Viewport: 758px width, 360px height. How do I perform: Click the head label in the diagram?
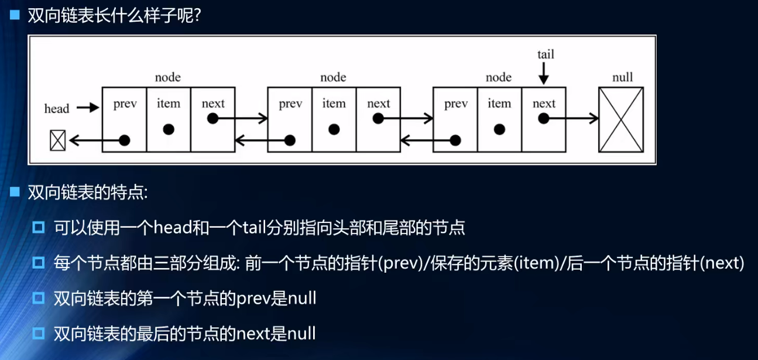tap(57, 108)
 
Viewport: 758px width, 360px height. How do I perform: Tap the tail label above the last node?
tap(546, 54)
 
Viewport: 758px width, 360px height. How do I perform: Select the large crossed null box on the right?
tap(621, 119)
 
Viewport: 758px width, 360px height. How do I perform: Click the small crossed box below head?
tap(57, 140)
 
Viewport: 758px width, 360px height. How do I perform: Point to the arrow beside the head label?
tap(88, 108)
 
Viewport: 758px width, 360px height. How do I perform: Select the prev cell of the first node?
tap(125, 119)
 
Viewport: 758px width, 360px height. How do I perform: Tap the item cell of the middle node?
tap(334, 119)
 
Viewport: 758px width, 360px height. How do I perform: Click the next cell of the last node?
tap(544, 119)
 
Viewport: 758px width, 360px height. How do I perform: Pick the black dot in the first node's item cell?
tap(169, 129)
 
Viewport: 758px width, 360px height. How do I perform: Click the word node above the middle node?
tap(333, 77)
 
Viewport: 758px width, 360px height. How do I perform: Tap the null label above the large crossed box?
tap(622, 77)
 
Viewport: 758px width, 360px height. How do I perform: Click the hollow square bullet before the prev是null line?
tap(39, 299)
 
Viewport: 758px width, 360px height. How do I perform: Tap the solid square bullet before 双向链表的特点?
tap(15, 192)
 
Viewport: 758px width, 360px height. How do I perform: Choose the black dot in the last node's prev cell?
tap(455, 140)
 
